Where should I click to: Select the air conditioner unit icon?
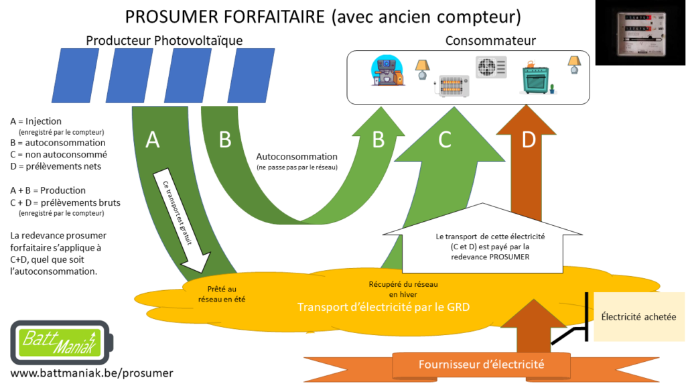491,67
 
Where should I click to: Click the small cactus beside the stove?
552,88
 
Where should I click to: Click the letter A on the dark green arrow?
153,139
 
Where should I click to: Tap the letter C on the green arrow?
445,139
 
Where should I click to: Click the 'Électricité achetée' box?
638,317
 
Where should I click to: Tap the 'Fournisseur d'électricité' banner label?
481,365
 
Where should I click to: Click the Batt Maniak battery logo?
59,342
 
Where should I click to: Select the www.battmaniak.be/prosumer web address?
91,373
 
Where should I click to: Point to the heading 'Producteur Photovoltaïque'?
164,41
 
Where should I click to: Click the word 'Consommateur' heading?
490,42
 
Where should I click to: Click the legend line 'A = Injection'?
36,121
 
